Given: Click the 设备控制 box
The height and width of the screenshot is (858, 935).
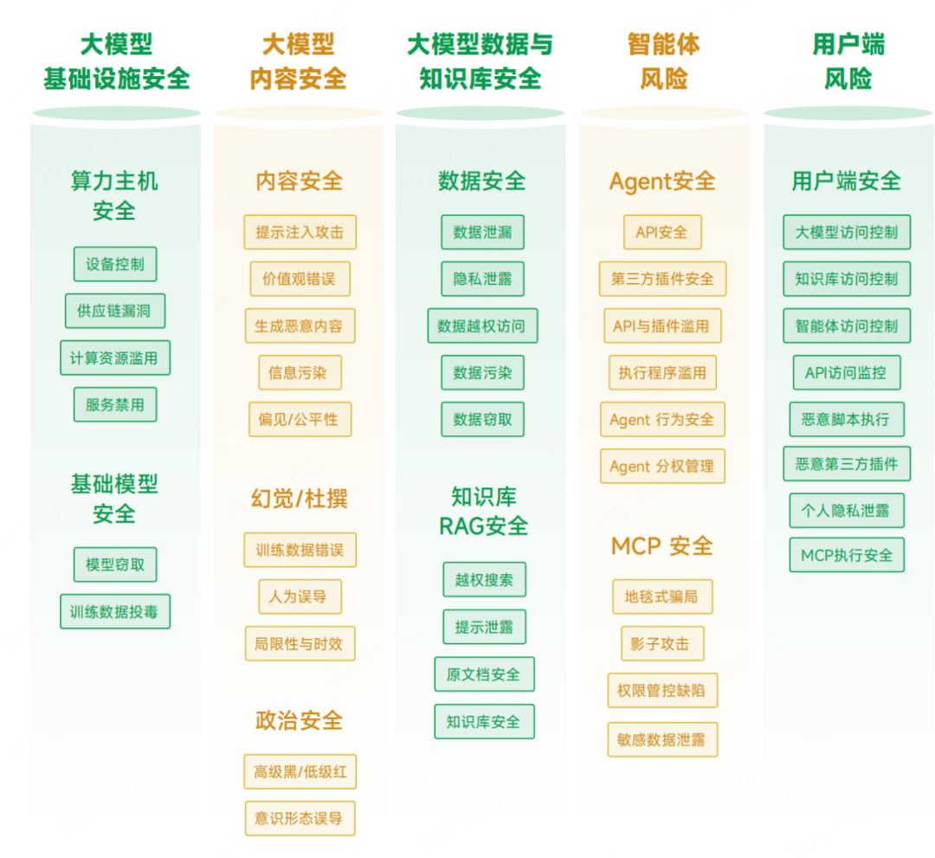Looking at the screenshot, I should [x=115, y=264].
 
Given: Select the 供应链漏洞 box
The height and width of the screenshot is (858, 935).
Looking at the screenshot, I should [x=115, y=311].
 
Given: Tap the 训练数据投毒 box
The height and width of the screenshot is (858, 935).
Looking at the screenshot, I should [x=115, y=611].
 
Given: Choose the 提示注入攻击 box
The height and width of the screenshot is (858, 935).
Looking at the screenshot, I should [x=300, y=232].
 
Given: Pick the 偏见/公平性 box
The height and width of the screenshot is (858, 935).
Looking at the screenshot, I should [x=300, y=419].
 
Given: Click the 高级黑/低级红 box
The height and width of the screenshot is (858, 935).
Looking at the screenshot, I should [x=300, y=771].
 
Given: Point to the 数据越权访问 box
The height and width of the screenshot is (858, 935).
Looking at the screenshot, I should [x=482, y=326].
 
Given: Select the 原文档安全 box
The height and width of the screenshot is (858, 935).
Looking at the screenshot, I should [x=484, y=674].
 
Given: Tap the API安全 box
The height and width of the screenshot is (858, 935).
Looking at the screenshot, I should [x=662, y=232].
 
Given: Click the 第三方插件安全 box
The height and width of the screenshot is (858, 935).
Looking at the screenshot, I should [x=662, y=279].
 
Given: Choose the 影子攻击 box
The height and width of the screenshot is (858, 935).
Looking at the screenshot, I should [x=662, y=643].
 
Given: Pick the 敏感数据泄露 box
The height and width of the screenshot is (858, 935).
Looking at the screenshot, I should [x=662, y=739].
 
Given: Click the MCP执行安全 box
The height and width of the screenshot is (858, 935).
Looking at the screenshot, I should [x=847, y=555].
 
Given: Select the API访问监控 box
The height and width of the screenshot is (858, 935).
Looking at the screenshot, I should [x=847, y=372].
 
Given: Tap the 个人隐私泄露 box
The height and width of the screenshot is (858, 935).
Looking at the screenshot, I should [x=847, y=510].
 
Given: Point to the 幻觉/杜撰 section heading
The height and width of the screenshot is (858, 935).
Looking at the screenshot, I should [x=300, y=499].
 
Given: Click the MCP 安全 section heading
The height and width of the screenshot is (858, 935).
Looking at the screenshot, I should [x=662, y=545].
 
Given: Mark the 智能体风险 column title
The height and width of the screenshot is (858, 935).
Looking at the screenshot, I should [x=664, y=61].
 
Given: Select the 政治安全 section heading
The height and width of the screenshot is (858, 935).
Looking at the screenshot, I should [x=300, y=720].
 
